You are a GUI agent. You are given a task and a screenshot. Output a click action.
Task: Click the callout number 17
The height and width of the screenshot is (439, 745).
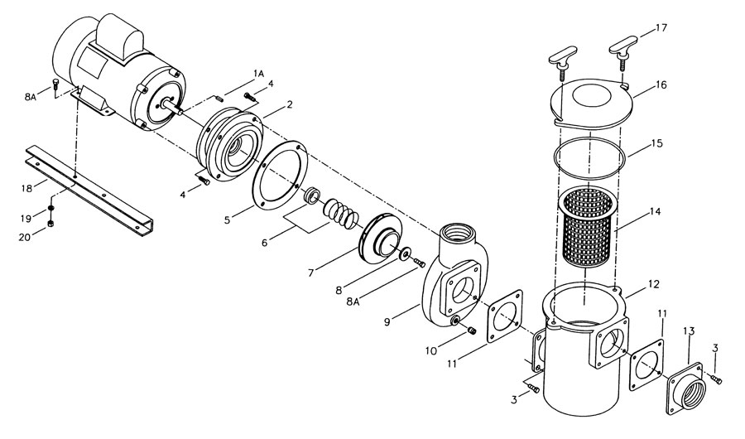click(x=661, y=28)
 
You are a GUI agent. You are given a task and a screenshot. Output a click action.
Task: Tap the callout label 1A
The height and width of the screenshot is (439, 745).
click(x=258, y=73)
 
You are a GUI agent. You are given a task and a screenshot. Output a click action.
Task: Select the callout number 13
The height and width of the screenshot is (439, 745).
click(x=690, y=330)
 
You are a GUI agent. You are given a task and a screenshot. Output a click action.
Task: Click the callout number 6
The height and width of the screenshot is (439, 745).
click(x=265, y=243)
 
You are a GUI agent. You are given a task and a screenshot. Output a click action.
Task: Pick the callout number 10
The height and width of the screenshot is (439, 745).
click(x=431, y=351)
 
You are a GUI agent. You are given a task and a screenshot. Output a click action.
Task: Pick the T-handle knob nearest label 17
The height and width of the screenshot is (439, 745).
click(x=624, y=53)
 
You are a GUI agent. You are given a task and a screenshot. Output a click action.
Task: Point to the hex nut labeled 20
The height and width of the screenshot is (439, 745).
click(x=50, y=224)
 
